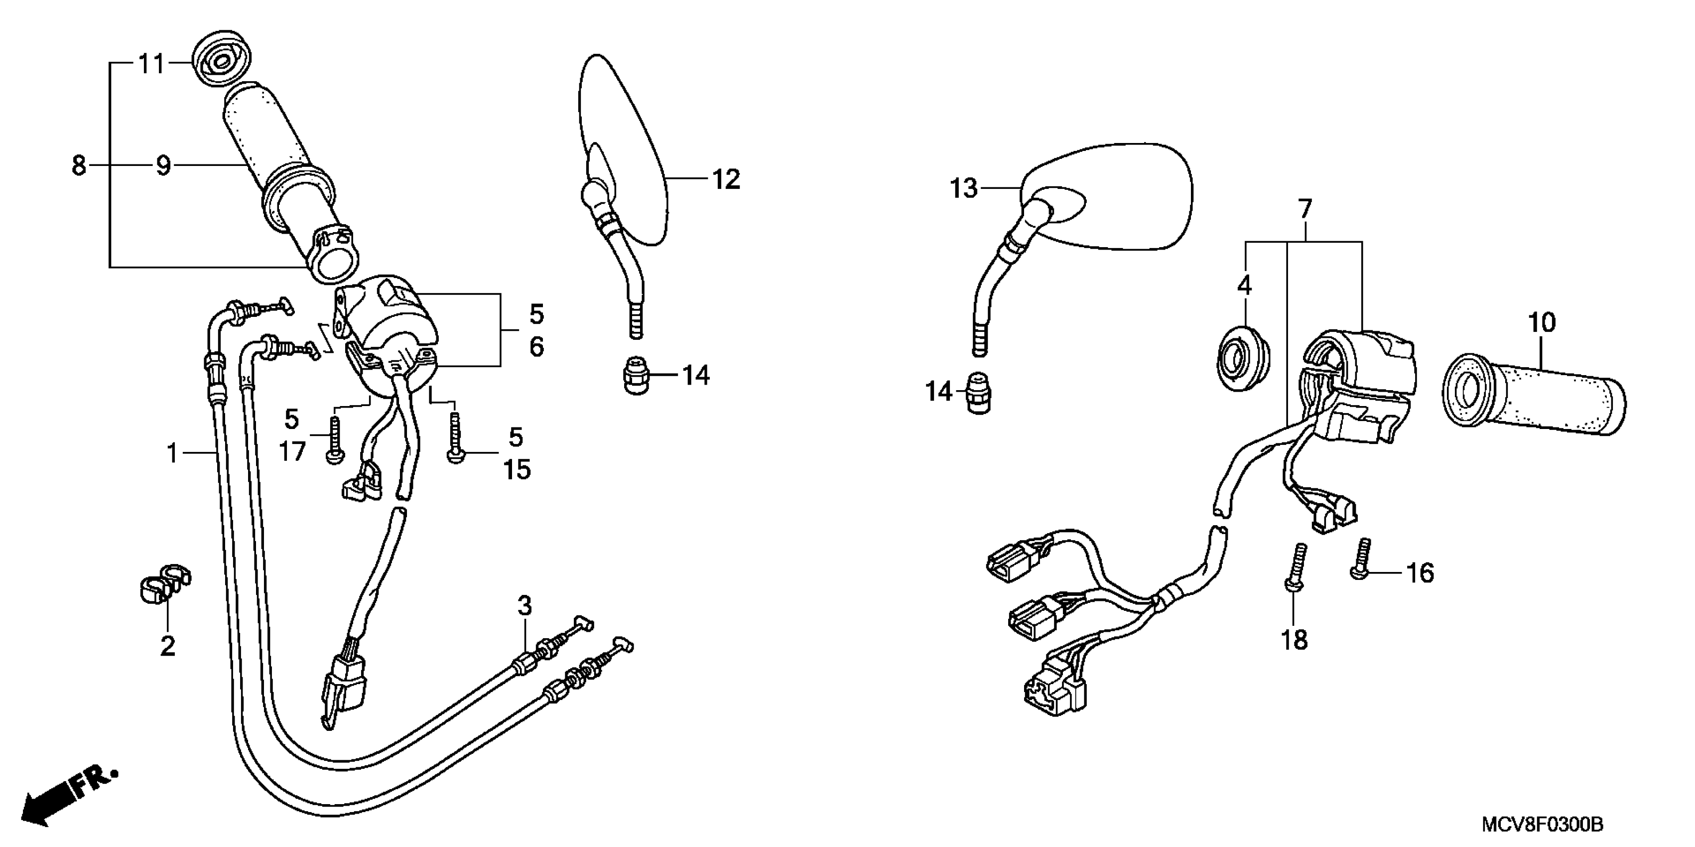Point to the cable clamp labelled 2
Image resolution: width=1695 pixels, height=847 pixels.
pos(164,582)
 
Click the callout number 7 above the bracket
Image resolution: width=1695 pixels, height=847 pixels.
pos(1304,209)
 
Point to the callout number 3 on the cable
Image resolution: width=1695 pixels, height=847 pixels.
pos(524,605)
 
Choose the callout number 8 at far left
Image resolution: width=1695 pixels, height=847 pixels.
pos(79,165)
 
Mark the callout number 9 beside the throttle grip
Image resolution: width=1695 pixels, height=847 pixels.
pos(163,166)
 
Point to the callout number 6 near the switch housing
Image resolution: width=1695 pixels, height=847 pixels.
pos(537,347)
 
